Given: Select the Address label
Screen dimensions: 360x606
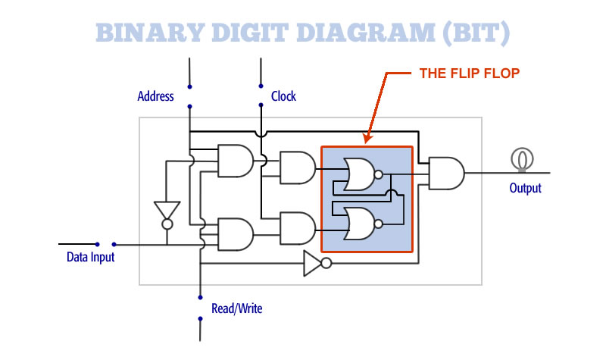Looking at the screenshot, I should tap(155, 96).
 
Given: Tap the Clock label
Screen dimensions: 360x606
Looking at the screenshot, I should tap(283, 96).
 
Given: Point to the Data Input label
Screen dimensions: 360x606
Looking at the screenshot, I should tap(90, 257).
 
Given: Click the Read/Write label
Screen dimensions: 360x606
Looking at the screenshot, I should tap(237, 308).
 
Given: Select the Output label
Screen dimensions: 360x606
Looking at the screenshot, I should tap(525, 187).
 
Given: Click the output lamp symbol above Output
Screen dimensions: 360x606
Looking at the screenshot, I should tap(520, 158).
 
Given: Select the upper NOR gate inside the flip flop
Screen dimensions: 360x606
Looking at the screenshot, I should tap(358, 174).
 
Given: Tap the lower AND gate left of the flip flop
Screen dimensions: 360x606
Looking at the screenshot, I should tap(297, 227).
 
